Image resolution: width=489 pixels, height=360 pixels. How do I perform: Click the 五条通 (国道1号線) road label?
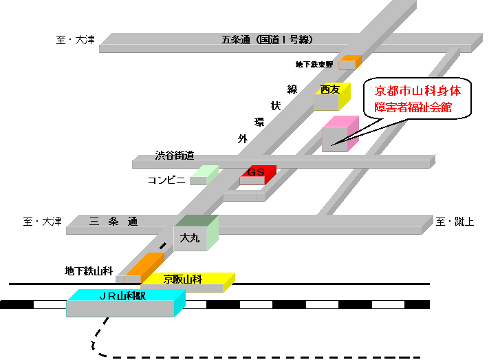tap(267, 40)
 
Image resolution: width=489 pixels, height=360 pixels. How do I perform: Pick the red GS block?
tap(257, 175)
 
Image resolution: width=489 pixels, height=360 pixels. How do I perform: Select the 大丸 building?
tap(193, 234)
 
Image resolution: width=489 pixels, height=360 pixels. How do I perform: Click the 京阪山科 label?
tap(182, 279)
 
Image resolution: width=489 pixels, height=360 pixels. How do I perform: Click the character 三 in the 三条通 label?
tap(94, 221)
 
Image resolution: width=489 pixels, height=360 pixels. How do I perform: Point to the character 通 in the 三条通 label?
tap(132, 221)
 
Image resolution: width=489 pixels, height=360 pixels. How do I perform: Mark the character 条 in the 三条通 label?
tap(113, 221)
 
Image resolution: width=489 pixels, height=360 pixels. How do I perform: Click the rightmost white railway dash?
tap(388, 304)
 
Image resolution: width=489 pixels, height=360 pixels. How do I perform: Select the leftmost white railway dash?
tap(50, 304)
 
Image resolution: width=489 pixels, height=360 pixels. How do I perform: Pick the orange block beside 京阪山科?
tap(143, 266)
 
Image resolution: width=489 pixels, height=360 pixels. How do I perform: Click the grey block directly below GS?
tap(243, 196)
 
